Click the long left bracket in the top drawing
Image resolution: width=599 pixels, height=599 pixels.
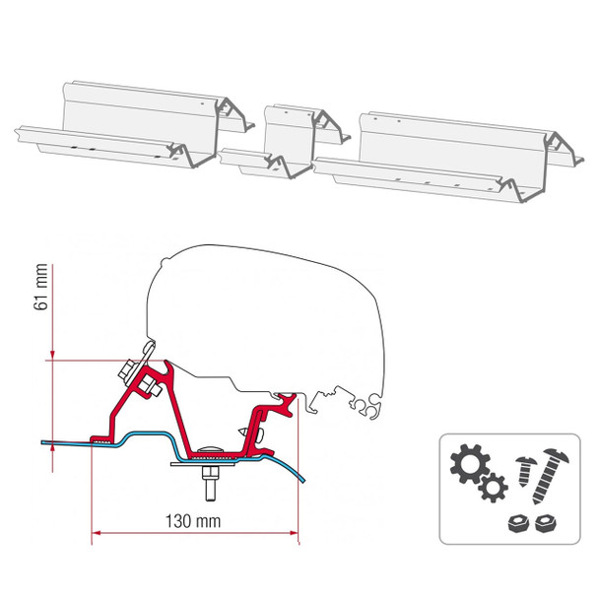pos(128,133)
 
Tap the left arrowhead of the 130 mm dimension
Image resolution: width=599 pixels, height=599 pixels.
pos(96,536)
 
